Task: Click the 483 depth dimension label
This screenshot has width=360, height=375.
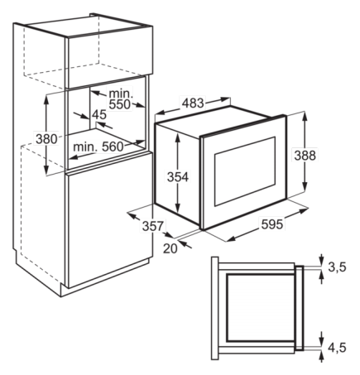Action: [193, 103]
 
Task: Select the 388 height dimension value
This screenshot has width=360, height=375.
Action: [305, 156]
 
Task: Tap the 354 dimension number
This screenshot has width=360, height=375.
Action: [178, 177]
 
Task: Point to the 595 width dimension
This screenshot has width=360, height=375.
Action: [272, 224]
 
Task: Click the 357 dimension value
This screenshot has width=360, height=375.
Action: [153, 226]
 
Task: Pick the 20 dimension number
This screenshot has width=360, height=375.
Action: [170, 248]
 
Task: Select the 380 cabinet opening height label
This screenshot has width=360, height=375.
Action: [46, 139]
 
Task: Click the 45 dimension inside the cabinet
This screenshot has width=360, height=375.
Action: [99, 114]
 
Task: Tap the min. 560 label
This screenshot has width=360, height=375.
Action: [98, 147]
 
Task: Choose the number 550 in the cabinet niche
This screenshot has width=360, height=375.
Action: [120, 104]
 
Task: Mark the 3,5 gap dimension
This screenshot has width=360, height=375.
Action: [337, 267]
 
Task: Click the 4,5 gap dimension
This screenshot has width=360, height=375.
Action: [337, 348]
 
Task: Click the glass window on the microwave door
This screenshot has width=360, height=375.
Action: [245, 171]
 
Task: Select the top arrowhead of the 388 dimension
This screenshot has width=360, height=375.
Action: [305, 116]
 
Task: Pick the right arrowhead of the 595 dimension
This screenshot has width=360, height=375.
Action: [304, 211]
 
